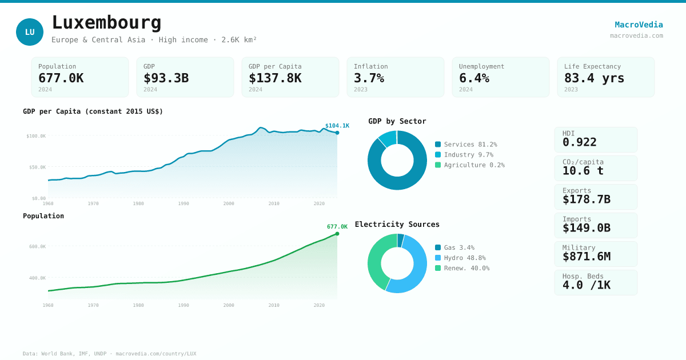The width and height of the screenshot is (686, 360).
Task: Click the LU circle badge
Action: coord(30,32)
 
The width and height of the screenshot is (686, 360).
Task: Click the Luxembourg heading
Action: coord(106,23)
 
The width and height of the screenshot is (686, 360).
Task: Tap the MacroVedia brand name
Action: coord(639,25)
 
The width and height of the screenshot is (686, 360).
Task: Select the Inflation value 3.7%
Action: coord(369,78)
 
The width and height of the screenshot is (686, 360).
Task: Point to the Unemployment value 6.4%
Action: coord(474,78)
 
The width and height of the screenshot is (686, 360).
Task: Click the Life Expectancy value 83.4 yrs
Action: coord(594,78)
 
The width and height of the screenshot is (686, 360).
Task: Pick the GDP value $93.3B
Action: coord(166,78)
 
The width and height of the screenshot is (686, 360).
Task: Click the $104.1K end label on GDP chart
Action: coord(337,126)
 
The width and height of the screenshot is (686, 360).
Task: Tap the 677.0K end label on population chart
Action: coord(337,227)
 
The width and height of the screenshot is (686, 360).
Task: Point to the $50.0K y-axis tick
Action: coord(37,167)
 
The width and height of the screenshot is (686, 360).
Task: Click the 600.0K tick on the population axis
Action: coord(37,247)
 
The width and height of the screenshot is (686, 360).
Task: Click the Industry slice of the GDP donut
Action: coord(388,138)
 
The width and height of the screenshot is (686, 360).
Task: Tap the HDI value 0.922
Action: coord(579,142)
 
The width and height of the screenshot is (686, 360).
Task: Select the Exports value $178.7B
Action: coord(586,199)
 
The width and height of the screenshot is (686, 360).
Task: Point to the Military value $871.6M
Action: coord(586,257)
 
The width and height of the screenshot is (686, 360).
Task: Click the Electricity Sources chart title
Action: coord(397,225)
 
